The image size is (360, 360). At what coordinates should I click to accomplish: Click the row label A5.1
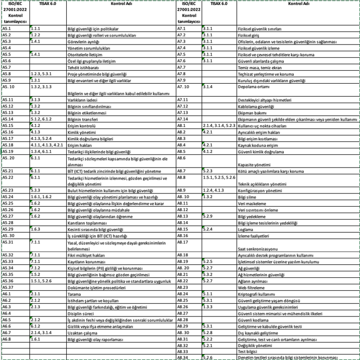[7, 29]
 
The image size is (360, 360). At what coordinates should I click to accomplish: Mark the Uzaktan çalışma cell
[81, 333]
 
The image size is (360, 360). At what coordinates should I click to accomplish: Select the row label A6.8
[7, 339]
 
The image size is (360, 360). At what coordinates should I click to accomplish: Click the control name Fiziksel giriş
[249, 36]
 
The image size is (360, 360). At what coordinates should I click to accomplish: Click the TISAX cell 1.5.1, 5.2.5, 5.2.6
[219, 177]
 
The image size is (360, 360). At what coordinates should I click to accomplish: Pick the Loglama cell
[245, 229]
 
